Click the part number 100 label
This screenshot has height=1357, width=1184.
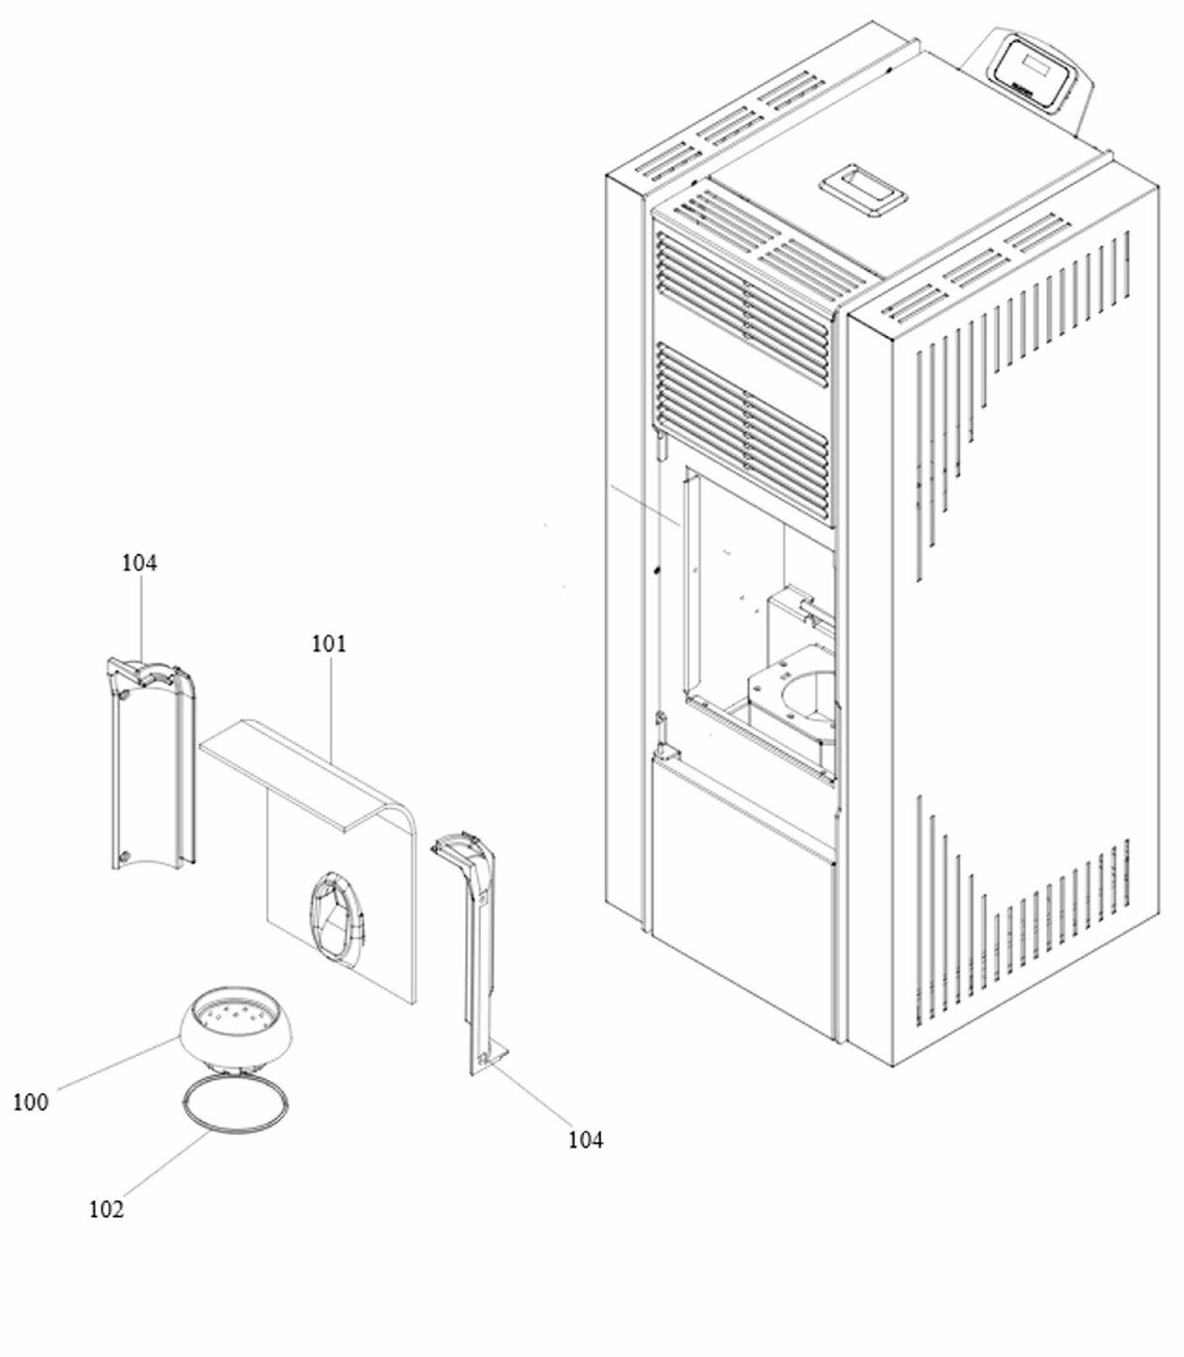pos(30,1102)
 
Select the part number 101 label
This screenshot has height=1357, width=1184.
pos(328,644)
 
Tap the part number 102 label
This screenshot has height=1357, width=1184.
pos(106,1209)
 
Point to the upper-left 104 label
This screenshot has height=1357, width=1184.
pos(139,563)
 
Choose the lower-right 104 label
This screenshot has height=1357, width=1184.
pos(585,1140)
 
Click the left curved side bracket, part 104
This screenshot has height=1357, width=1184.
pos(151,764)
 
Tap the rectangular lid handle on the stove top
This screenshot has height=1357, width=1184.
pos(864,191)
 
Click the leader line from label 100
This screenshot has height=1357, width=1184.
pos(118,1063)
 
